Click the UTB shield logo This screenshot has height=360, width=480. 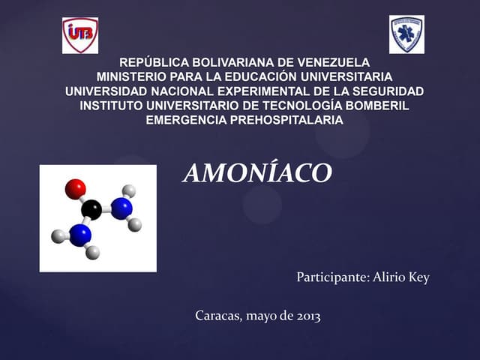79,35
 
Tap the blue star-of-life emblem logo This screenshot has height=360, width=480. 406,34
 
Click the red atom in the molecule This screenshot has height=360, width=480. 75,188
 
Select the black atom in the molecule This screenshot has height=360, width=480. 91,209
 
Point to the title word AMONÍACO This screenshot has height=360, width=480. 256,173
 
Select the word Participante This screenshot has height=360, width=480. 331,278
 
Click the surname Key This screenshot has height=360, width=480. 418,278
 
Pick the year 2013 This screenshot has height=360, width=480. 307,316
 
